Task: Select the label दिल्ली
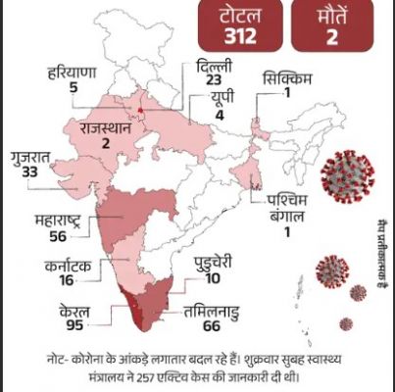click(x=214, y=67)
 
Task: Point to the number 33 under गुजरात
click(x=29, y=172)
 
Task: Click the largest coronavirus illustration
click(x=348, y=173)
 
